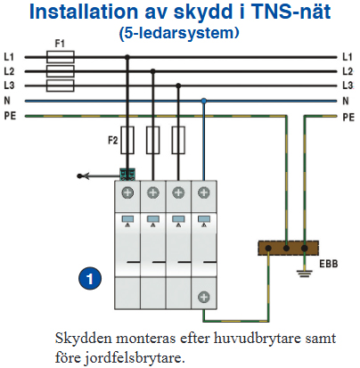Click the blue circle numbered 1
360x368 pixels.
coord(90,279)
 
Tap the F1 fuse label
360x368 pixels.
coord(60,44)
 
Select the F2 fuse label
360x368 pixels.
coord(113,140)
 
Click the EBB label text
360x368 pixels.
coord(329,264)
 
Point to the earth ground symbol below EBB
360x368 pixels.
coord(305,274)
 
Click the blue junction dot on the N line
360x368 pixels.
coord(203,101)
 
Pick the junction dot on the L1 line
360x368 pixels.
coord(127,56)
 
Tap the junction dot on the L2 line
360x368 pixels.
coord(152,71)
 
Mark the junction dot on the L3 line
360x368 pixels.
coord(178,86)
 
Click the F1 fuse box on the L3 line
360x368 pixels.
coord(61,86)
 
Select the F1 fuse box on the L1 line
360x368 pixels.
coord(61,57)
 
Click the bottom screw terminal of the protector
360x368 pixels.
coord(204,297)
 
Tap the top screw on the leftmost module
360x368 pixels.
coord(127,192)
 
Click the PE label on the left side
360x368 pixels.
coord(10,116)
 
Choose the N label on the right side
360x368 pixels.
coord(346,101)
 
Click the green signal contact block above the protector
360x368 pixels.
coord(127,175)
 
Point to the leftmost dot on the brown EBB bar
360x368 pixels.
coord(268,249)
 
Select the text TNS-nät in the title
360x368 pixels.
coord(291,12)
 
